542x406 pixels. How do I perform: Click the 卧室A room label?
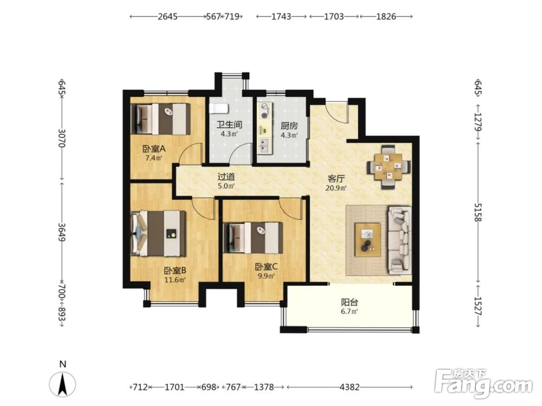pos(154,149)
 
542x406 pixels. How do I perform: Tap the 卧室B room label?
pos(175,270)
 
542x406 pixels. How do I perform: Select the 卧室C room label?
pos(266,267)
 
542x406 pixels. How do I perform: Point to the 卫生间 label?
pos(229,125)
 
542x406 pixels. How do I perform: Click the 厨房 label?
pos(289,126)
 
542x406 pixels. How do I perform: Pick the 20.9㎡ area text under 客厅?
pos(336,188)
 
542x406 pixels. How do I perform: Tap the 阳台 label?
pos(350,303)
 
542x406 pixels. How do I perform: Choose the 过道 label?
pos(226,177)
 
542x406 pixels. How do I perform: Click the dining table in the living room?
pos(389,167)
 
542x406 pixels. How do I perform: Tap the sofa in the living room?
pos(400,240)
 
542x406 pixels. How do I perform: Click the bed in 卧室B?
pos(159,233)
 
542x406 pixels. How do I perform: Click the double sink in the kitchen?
pos(266,145)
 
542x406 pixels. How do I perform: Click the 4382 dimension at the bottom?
pos(350,387)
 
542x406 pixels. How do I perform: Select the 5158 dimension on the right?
pos(478,212)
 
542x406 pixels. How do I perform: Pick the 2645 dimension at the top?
pos(167,16)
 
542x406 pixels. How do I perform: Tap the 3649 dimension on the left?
pos(62,232)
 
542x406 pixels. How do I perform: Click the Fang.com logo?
pos(484,384)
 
